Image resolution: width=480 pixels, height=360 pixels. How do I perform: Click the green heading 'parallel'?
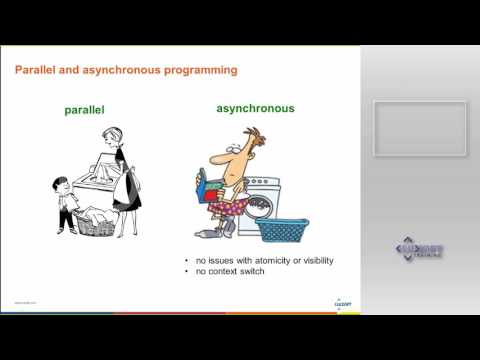pos(85,111)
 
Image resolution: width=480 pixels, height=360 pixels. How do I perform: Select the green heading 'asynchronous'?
pos(255,108)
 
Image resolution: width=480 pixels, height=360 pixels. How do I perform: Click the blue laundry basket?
pos(283,229)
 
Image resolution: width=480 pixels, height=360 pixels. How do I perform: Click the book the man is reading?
pos(208,188)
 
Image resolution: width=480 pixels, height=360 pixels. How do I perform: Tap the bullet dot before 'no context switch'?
pos(187,272)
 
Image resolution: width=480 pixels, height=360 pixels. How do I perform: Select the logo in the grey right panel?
pos(420,251)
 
